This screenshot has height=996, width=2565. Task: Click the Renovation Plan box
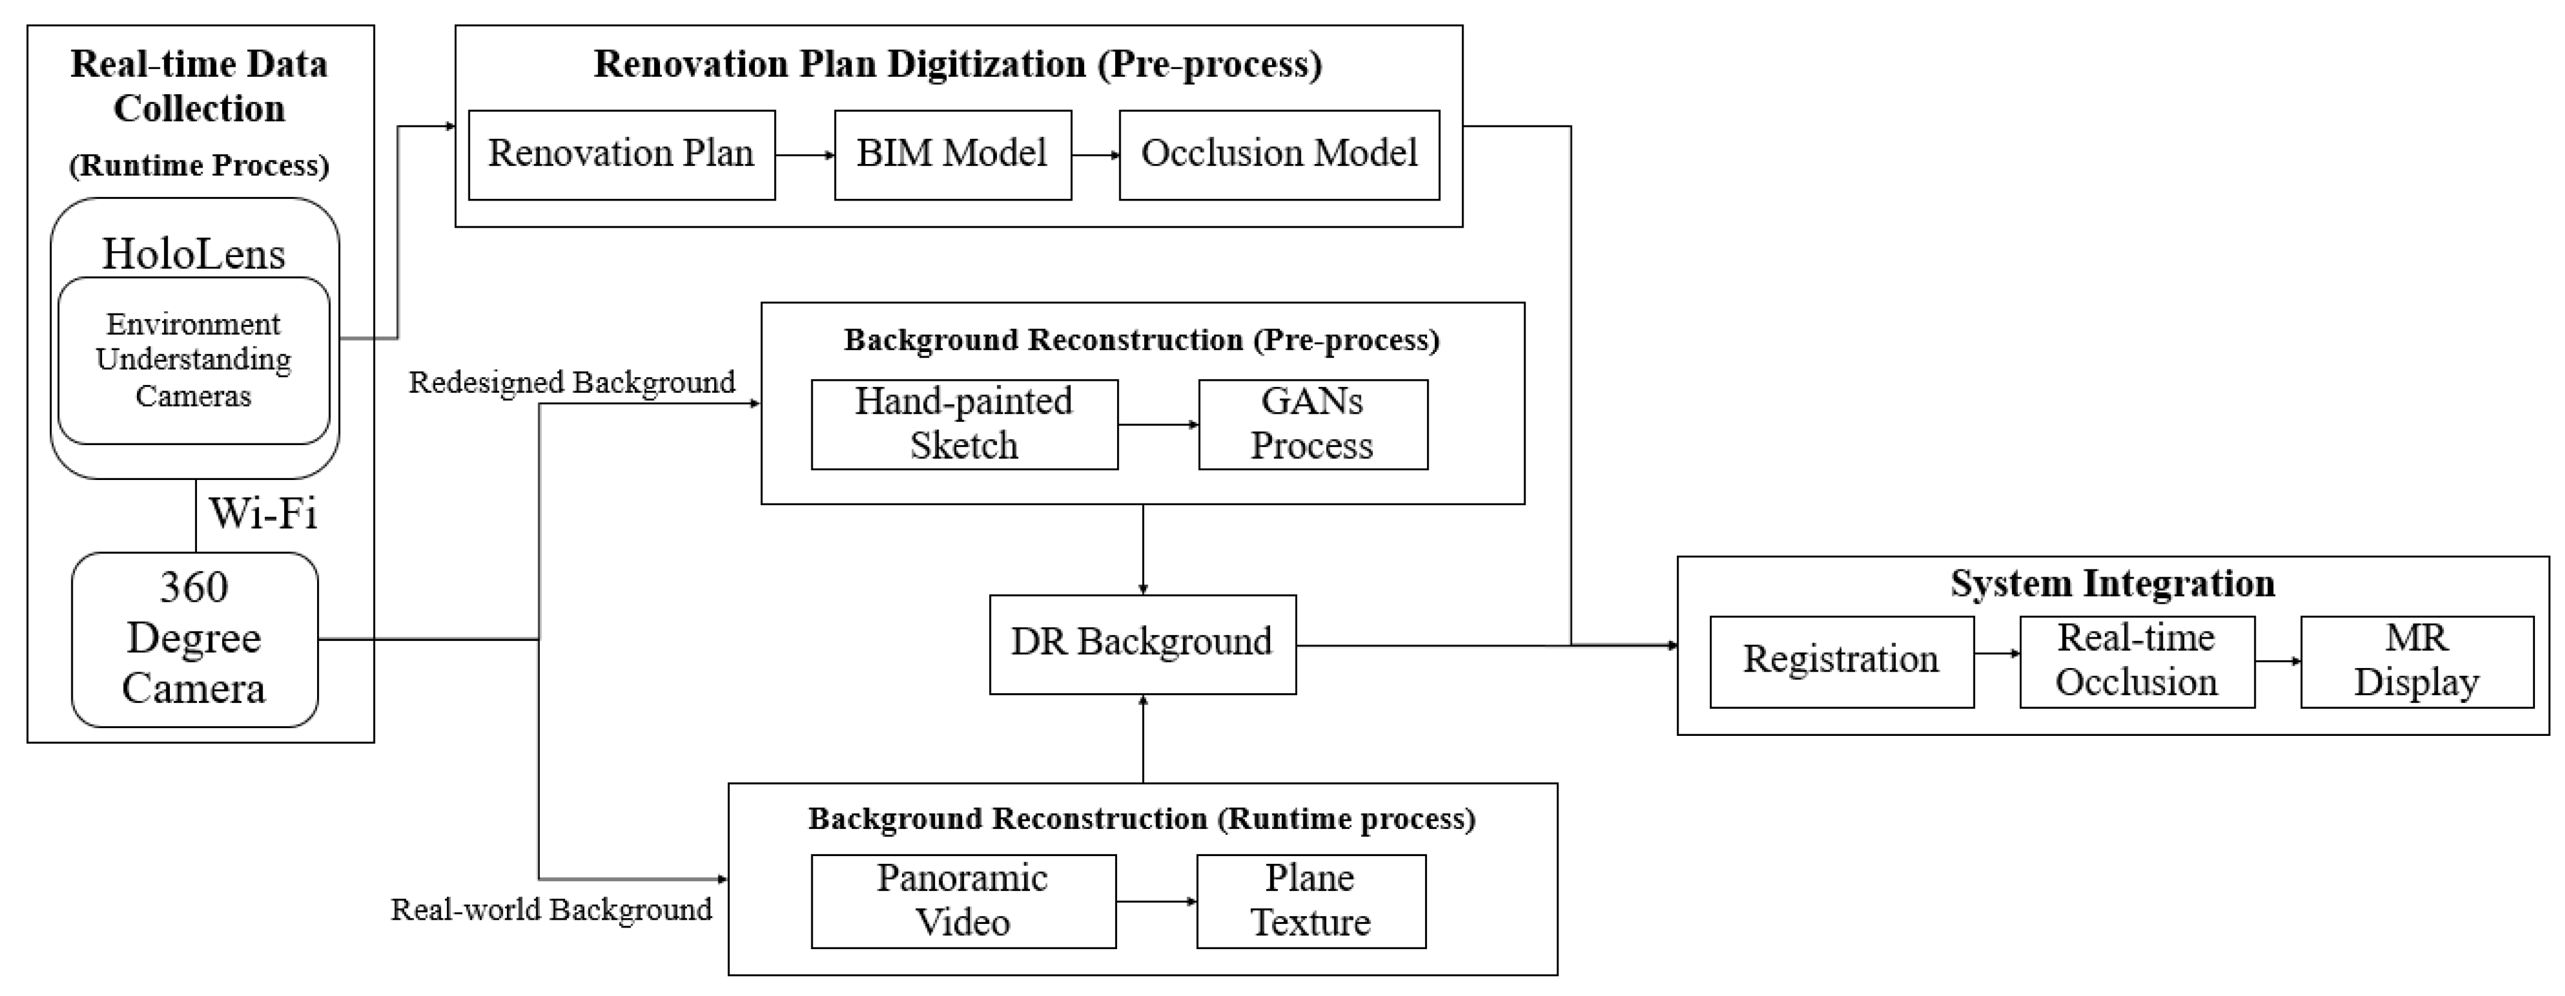tap(622, 154)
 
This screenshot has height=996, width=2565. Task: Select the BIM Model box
tap(952, 154)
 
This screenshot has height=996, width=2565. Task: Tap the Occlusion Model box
tap(1279, 154)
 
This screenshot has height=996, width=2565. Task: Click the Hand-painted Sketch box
tap(964, 424)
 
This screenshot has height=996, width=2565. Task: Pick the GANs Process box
tap(1312, 424)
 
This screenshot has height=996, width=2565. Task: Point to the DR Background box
tap(1142, 643)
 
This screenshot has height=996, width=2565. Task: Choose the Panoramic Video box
tap(963, 900)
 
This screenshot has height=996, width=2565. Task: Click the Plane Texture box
tap(1310, 900)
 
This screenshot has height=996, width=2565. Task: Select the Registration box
tap(1841, 661)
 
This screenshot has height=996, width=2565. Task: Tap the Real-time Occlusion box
tap(2137, 661)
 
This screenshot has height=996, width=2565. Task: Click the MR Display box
tap(2417, 661)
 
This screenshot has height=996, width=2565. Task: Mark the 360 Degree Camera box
tap(194, 639)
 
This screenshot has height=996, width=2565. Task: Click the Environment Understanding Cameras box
tap(194, 360)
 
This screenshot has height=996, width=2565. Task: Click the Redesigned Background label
tap(572, 383)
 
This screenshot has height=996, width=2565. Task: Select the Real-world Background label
tap(551, 909)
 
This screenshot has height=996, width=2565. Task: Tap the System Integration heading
tap(2112, 584)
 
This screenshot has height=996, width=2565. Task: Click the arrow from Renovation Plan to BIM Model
tap(805, 156)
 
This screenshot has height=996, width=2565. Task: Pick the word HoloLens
tap(194, 254)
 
